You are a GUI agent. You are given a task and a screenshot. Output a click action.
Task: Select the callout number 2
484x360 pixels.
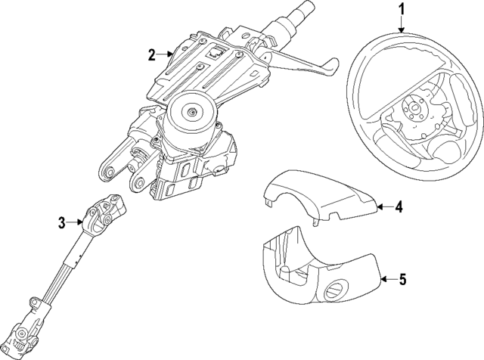pyautogui.click(x=152, y=54)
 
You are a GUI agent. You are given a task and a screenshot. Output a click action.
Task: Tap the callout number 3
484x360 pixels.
pyautogui.click(x=62, y=222)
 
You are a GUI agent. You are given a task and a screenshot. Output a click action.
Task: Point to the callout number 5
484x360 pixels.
pyautogui.click(x=402, y=279)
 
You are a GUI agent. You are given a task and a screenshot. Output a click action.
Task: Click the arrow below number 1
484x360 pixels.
pyautogui.click(x=402, y=23)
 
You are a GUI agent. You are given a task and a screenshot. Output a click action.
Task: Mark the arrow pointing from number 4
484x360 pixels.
pyautogui.click(x=383, y=205)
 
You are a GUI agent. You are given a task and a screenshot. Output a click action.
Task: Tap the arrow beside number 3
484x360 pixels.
pyautogui.click(x=77, y=222)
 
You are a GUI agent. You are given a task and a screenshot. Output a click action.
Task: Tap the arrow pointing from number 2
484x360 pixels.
pyautogui.click(x=168, y=54)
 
